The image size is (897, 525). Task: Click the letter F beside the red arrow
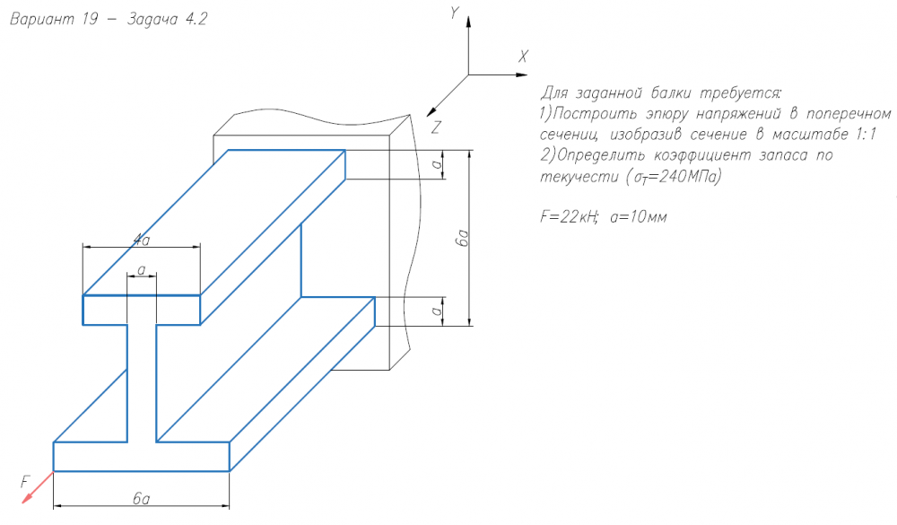(24, 482)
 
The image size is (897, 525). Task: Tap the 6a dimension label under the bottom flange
(142, 499)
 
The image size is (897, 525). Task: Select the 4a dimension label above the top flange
(142, 240)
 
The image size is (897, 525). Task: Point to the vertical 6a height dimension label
(462, 238)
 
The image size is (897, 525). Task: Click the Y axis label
(455, 13)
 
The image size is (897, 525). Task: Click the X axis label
(523, 57)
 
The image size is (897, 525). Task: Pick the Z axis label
(436, 127)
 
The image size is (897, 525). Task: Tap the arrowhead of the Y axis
(468, 22)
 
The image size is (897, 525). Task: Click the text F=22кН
(570, 216)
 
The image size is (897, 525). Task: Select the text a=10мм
(639, 217)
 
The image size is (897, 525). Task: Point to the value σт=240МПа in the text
(675, 176)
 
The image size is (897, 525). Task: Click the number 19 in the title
(90, 19)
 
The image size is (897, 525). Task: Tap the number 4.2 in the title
(196, 20)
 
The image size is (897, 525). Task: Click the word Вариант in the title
(42, 19)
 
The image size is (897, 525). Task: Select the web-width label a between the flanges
(142, 269)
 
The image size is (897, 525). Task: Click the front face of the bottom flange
(142, 457)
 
